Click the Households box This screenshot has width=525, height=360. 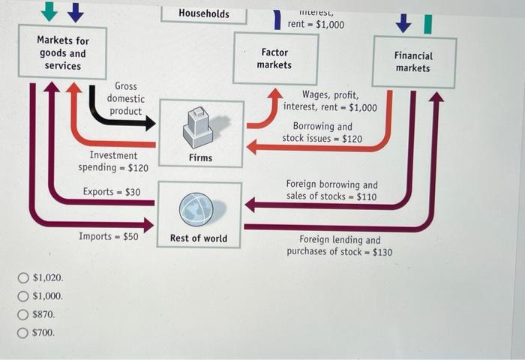coord(204,13)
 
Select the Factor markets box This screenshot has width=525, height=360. coord(275,58)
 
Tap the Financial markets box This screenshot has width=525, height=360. coord(413,61)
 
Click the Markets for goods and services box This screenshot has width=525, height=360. coord(63,53)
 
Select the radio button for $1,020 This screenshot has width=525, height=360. coord(24,278)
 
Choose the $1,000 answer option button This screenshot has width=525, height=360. coord(24,296)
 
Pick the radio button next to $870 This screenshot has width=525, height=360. coord(24,314)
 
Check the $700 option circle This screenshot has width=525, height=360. coord(24,332)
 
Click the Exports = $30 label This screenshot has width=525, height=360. coord(111,192)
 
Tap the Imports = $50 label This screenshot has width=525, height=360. coord(109,236)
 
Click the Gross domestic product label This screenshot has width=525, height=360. coord(125,99)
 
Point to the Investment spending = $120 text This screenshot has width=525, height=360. coord(113,161)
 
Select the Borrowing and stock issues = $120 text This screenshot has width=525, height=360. coord(322,133)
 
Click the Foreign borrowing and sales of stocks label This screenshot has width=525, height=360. coord(331,190)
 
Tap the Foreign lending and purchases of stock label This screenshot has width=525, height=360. coord(339,245)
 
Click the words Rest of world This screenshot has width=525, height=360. coord(199,238)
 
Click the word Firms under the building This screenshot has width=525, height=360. coord(200,157)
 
